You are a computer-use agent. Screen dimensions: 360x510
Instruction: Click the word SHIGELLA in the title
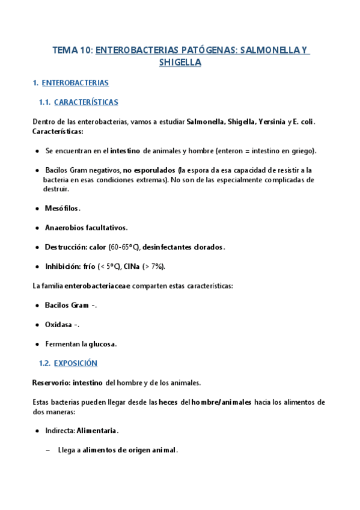coord(180,63)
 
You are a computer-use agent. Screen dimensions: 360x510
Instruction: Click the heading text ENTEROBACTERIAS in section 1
coord(75,82)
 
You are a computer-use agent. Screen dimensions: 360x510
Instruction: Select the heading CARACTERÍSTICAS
coord(86,102)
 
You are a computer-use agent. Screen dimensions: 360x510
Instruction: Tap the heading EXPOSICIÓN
coord(75,363)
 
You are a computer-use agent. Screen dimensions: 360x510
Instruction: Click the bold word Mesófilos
coord(62,208)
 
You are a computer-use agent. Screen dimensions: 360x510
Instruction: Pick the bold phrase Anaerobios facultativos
coord(86,227)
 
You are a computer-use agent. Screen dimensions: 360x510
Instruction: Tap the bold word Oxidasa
coord(59,325)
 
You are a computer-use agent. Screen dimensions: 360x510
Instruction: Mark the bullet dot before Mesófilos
coord(38,208)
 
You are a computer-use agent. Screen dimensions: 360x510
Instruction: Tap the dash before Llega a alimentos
coord(48,450)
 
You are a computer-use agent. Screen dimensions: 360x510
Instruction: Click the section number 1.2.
coord(44,363)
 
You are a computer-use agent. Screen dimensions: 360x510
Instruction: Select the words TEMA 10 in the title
coord(72,51)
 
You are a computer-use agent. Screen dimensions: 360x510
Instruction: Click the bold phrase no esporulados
coord(148,170)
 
